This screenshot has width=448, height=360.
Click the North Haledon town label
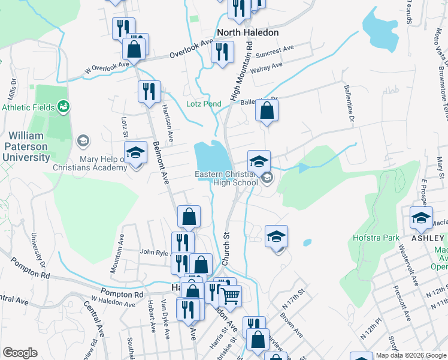[x=245, y=32]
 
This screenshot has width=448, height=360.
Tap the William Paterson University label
[x=29, y=146]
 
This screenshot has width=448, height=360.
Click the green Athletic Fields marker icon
[x=63, y=107]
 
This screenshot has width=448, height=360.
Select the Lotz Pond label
[x=204, y=104]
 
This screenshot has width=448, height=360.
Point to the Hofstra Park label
[x=376, y=238]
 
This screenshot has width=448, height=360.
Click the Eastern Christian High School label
[x=226, y=178]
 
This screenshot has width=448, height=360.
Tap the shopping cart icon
[x=231, y=295]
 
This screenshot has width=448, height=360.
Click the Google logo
[x=20, y=353]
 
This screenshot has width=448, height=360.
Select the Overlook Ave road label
[x=191, y=49]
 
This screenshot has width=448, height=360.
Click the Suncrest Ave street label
[x=275, y=53]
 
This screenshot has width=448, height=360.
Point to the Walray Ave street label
[x=268, y=67]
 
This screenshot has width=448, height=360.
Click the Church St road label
[x=226, y=248]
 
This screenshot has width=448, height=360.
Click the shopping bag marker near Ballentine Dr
[x=267, y=110]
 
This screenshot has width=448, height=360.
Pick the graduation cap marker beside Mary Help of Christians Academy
[x=135, y=153]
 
